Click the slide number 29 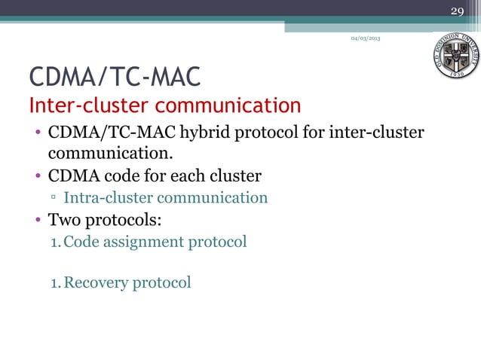click(457, 11)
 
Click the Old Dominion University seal click(455, 58)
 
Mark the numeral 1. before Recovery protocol click(55, 283)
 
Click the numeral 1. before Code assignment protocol click(55, 242)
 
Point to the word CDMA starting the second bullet click(73, 177)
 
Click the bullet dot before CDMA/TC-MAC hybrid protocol click(35, 135)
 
